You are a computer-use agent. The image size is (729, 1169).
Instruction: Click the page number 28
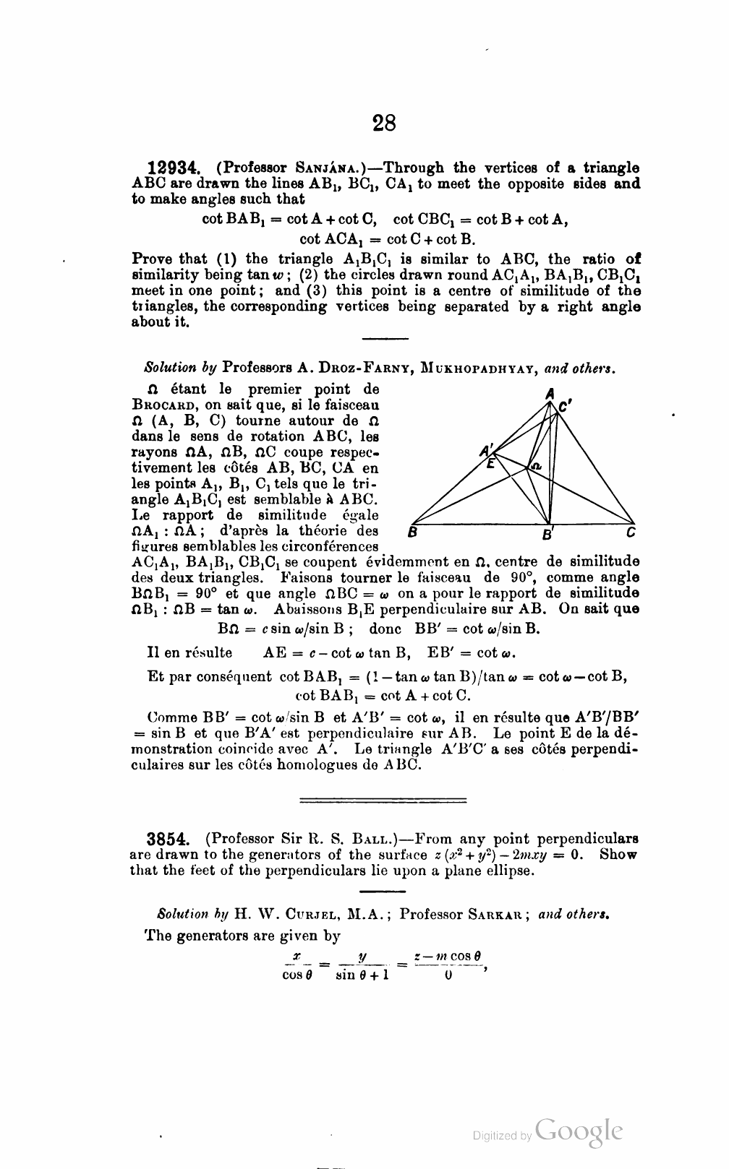click(384, 124)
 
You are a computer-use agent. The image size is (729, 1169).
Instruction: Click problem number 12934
click(172, 168)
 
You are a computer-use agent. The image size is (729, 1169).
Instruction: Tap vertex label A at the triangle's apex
click(550, 394)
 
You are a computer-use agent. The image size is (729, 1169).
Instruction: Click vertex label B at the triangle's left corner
click(412, 534)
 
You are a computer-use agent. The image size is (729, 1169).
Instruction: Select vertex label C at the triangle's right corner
click(631, 534)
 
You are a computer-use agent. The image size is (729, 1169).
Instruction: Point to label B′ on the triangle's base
click(548, 535)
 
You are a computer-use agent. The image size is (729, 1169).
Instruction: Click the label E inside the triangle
click(491, 464)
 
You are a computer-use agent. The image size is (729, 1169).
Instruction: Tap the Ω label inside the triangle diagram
click(535, 467)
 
